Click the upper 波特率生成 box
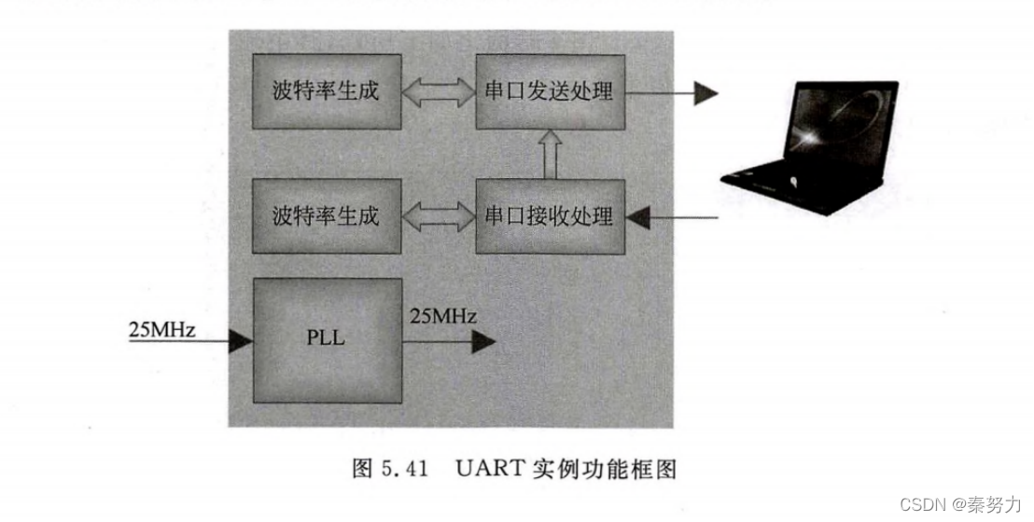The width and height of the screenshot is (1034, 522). [327, 91]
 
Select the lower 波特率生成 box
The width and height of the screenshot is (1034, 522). [327, 216]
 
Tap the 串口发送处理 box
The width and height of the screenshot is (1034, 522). [549, 91]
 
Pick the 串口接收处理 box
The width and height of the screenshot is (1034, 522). [549, 216]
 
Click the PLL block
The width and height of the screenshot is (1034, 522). [327, 338]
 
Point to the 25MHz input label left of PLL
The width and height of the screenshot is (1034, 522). [161, 330]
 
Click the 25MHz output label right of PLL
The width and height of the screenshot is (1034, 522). [443, 317]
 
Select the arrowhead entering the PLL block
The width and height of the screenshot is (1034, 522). [241, 342]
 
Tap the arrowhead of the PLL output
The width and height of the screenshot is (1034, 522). [482, 342]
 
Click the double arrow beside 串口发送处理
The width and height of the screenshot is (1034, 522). [439, 91]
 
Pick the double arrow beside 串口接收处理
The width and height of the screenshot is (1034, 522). [439, 216]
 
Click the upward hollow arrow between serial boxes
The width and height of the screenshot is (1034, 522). [549, 154]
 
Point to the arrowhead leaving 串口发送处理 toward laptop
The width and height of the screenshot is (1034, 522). [706, 91]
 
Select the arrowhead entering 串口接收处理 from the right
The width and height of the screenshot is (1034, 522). [637, 218]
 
